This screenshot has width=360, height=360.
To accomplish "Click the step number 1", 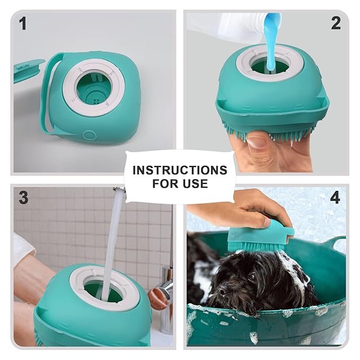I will coord(22,23).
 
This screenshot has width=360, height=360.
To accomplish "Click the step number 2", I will coord(335,23).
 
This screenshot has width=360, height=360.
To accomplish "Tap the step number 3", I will coord(23,198).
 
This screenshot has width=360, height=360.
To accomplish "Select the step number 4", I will coord(335,198).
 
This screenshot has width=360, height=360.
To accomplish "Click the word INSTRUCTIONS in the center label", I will coord(180,171).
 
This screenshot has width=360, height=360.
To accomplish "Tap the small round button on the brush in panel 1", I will coord(90,135).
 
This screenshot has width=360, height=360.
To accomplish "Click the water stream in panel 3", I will coord(113,239).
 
